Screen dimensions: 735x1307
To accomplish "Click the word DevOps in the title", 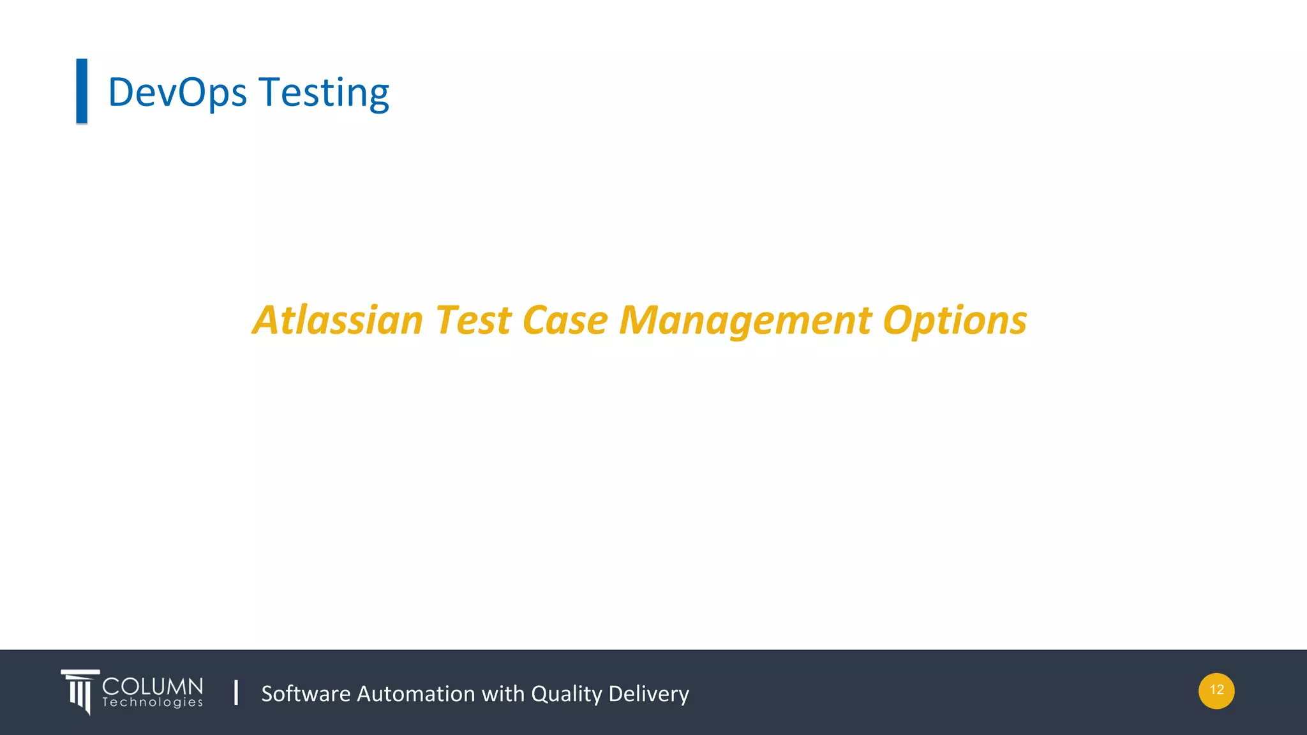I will pos(177,93).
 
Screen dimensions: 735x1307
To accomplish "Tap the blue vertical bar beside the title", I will pos(82,91).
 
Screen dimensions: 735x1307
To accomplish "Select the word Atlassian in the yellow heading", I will pos(338,320).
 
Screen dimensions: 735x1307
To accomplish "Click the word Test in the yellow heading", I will pos(473,320).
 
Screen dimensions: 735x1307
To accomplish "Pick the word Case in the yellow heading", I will pos(565,320).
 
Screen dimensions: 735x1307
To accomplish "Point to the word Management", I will pos(745,321).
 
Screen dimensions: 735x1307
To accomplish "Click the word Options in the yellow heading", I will pos(955,321).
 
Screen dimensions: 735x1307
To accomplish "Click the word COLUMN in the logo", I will pos(153,687).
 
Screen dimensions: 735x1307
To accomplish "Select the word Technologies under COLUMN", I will pos(153,702).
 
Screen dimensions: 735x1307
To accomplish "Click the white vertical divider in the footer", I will pos(236,692).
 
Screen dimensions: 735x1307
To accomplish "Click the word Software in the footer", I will pos(306,694).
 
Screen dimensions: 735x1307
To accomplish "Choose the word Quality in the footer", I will pos(566,694).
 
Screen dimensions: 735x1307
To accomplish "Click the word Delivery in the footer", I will pos(648,694).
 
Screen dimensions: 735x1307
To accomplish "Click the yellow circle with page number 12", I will pos(1216,690).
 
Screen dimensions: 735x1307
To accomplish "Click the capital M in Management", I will pos(639,320).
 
